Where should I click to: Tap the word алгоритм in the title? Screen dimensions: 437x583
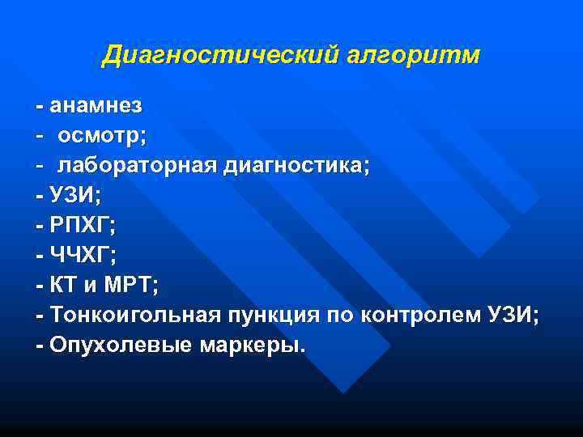point(414,56)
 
